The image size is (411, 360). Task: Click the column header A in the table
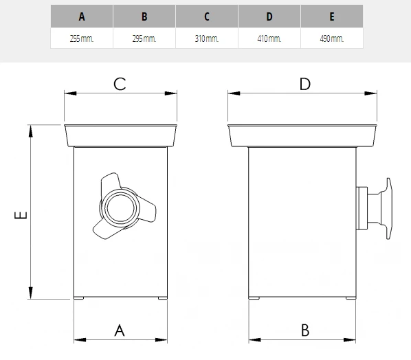tap(82, 16)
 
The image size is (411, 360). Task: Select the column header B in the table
tap(144, 16)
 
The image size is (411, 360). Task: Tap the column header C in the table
tap(207, 16)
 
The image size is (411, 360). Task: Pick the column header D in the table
tap(269, 16)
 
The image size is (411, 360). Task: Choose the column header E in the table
tap(332, 16)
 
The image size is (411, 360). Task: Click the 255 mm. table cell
tap(82, 38)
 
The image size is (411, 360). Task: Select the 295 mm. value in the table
tap(144, 38)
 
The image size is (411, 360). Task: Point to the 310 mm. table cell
tap(207, 38)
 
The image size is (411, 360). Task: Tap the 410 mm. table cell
tap(269, 38)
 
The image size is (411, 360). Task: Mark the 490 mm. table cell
tap(332, 38)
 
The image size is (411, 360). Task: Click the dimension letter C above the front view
tap(120, 84)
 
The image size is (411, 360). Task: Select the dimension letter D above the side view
tap(305, 84)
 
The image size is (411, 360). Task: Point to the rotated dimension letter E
tap(21, 215)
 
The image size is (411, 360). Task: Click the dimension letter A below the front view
tap(120, 330)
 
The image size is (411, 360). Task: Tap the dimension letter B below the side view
tap(305, 330)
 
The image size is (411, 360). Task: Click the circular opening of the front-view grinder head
tap(120, 208)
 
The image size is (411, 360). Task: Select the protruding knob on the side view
tap(375, 208)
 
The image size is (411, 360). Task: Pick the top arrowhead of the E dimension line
tap(31, 131)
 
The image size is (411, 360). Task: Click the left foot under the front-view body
tap(78, 298)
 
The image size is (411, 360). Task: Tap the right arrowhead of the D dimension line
tap(370, 93)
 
